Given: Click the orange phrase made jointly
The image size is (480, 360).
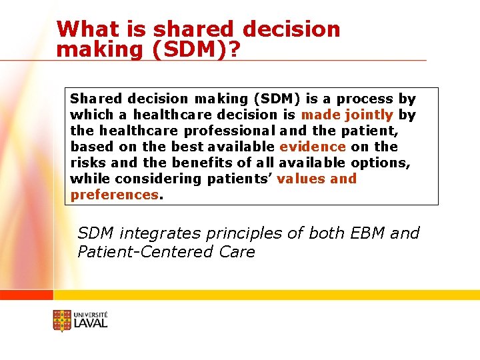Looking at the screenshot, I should click(x=347, y=115).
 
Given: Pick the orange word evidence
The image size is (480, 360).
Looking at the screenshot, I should click(x=313, y=147).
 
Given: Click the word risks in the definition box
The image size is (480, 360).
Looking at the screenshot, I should click(x=85, y=163).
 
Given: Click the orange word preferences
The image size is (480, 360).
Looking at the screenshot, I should click(x=115, y=195).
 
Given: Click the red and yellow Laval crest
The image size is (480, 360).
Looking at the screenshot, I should click(x=62, y=321).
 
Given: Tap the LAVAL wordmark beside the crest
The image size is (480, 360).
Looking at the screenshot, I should click(x=91, y=323).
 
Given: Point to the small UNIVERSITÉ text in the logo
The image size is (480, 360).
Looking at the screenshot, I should click(x=91, y=314).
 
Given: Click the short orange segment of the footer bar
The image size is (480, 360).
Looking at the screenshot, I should click(x=26, y=295).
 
